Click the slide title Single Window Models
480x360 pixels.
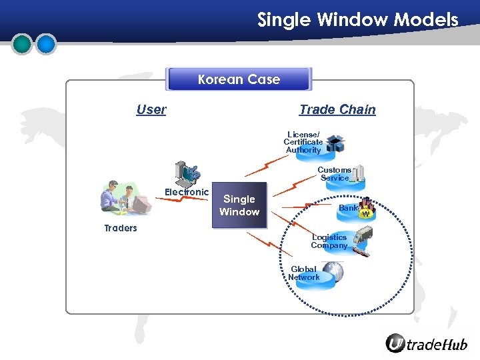pyautogui.click(x=358, y=19)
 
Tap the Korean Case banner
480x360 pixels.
pyautogui.click(x=239, y=79)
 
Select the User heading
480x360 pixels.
pyautogui.click(x=151, y=109)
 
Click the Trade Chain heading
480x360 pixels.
pyautogui.click(x=337, y=109)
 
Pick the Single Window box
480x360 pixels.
pyautogui.click(x=239, y=205)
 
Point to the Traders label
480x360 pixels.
pyautogui.click(x=121, y=228)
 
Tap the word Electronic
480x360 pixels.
pyautogui.click(x=187, y=192)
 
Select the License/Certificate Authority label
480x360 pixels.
pyautogui.click(x=303, y=142)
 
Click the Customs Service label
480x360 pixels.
pyautogui.click(x=334, y=174)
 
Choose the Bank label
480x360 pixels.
pyautogui.click(x=348, y=208)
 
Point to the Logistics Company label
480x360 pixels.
pyautogui.click(x=329, y=241)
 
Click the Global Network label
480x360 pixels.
pyautogui.click(x=304, y=273)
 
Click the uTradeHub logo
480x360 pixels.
pyautogui.click(x=427, y=344)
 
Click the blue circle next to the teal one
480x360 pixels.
pyautogui.click(x=46, y=44)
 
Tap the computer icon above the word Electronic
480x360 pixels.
pyautogui.click(x=185, y=173)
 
